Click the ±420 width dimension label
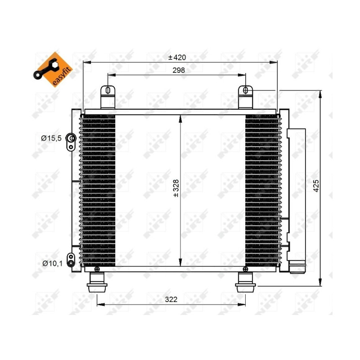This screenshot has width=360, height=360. click(x=177, y=58)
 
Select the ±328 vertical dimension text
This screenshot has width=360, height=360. click(x=176, y=189)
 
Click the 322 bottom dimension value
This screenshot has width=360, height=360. click(x=171, y=299)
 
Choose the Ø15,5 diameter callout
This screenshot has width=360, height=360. click(x=51, y=139)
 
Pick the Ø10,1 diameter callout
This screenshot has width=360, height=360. click(x=51, y=263)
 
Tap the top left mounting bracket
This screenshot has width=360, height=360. click(x=108, y=96)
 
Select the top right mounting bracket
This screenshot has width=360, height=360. click(x=245, y=96)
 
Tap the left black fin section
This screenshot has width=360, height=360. click(x=98, y=189)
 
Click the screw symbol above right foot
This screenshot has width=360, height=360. click(x=245, y=269)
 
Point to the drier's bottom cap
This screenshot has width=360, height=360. click(x=297, y=268)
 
